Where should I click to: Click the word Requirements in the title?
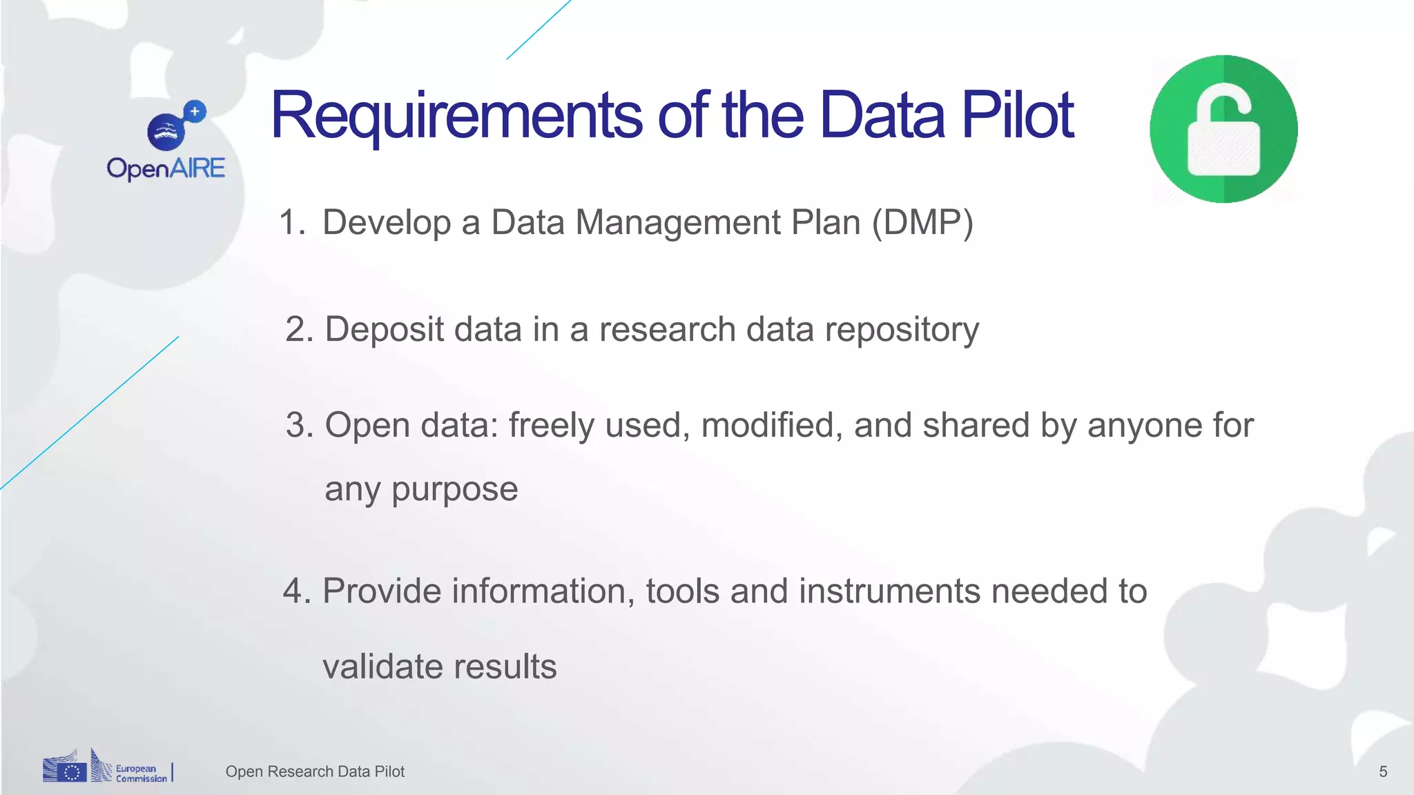click(456, 116)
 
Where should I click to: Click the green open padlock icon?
click(1223, 129)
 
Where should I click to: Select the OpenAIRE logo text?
click(166, 168)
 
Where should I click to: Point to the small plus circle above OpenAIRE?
click(195, 111)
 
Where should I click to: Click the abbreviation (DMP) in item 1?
click(922, 223)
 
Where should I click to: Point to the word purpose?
click(454, 490)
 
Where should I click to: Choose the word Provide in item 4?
click(382, 591)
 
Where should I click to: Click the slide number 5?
click(1383, 772)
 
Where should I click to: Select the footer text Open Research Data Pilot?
click(315, 772)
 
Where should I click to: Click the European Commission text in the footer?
click(141, 773)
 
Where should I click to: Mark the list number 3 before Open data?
click(298, 425)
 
